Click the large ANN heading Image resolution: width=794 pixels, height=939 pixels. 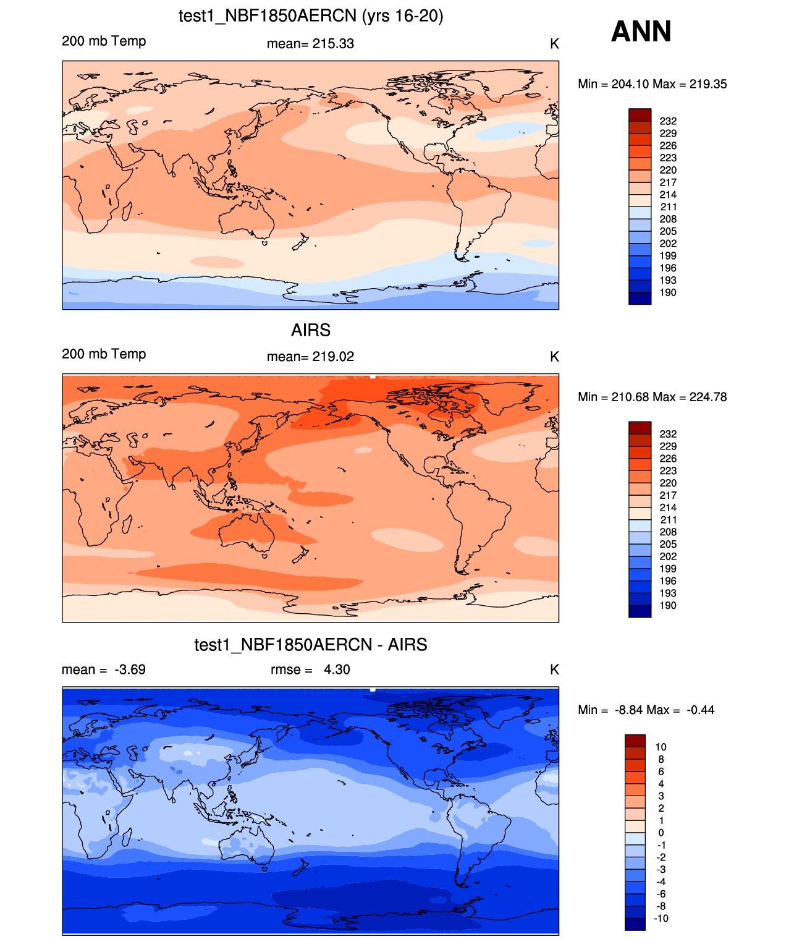(641, 32)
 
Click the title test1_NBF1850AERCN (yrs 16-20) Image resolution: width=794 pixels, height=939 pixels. (311, 15)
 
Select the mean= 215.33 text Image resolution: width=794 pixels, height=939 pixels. (310, 44)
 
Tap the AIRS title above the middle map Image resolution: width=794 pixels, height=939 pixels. (311, 330)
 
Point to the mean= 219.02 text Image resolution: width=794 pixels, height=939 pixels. (310, 357)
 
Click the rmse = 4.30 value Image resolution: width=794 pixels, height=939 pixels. (310, 669)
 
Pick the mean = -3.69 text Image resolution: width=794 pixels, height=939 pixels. (104, 669)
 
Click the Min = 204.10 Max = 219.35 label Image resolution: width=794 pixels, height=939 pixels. (652, 84)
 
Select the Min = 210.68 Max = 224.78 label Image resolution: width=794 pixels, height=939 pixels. (652, 397)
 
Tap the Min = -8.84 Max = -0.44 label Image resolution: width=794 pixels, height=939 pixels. (646, 710)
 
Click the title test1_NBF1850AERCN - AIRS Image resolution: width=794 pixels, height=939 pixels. (311, 645)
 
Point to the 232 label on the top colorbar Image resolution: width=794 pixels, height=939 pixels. (668, 121)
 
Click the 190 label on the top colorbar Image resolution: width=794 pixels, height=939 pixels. (668, 292)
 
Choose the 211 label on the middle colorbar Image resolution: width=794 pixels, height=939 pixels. (668, 520)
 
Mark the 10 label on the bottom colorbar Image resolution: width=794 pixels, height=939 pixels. (661, 747)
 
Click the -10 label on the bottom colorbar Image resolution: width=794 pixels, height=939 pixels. (661, 919)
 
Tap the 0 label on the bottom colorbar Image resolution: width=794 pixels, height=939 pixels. (661, 833)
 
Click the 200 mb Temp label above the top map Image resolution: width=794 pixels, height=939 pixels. (104, 41)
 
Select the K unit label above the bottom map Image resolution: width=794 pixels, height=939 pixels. (554, 669)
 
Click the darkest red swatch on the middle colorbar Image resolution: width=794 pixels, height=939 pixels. (640, 428)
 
